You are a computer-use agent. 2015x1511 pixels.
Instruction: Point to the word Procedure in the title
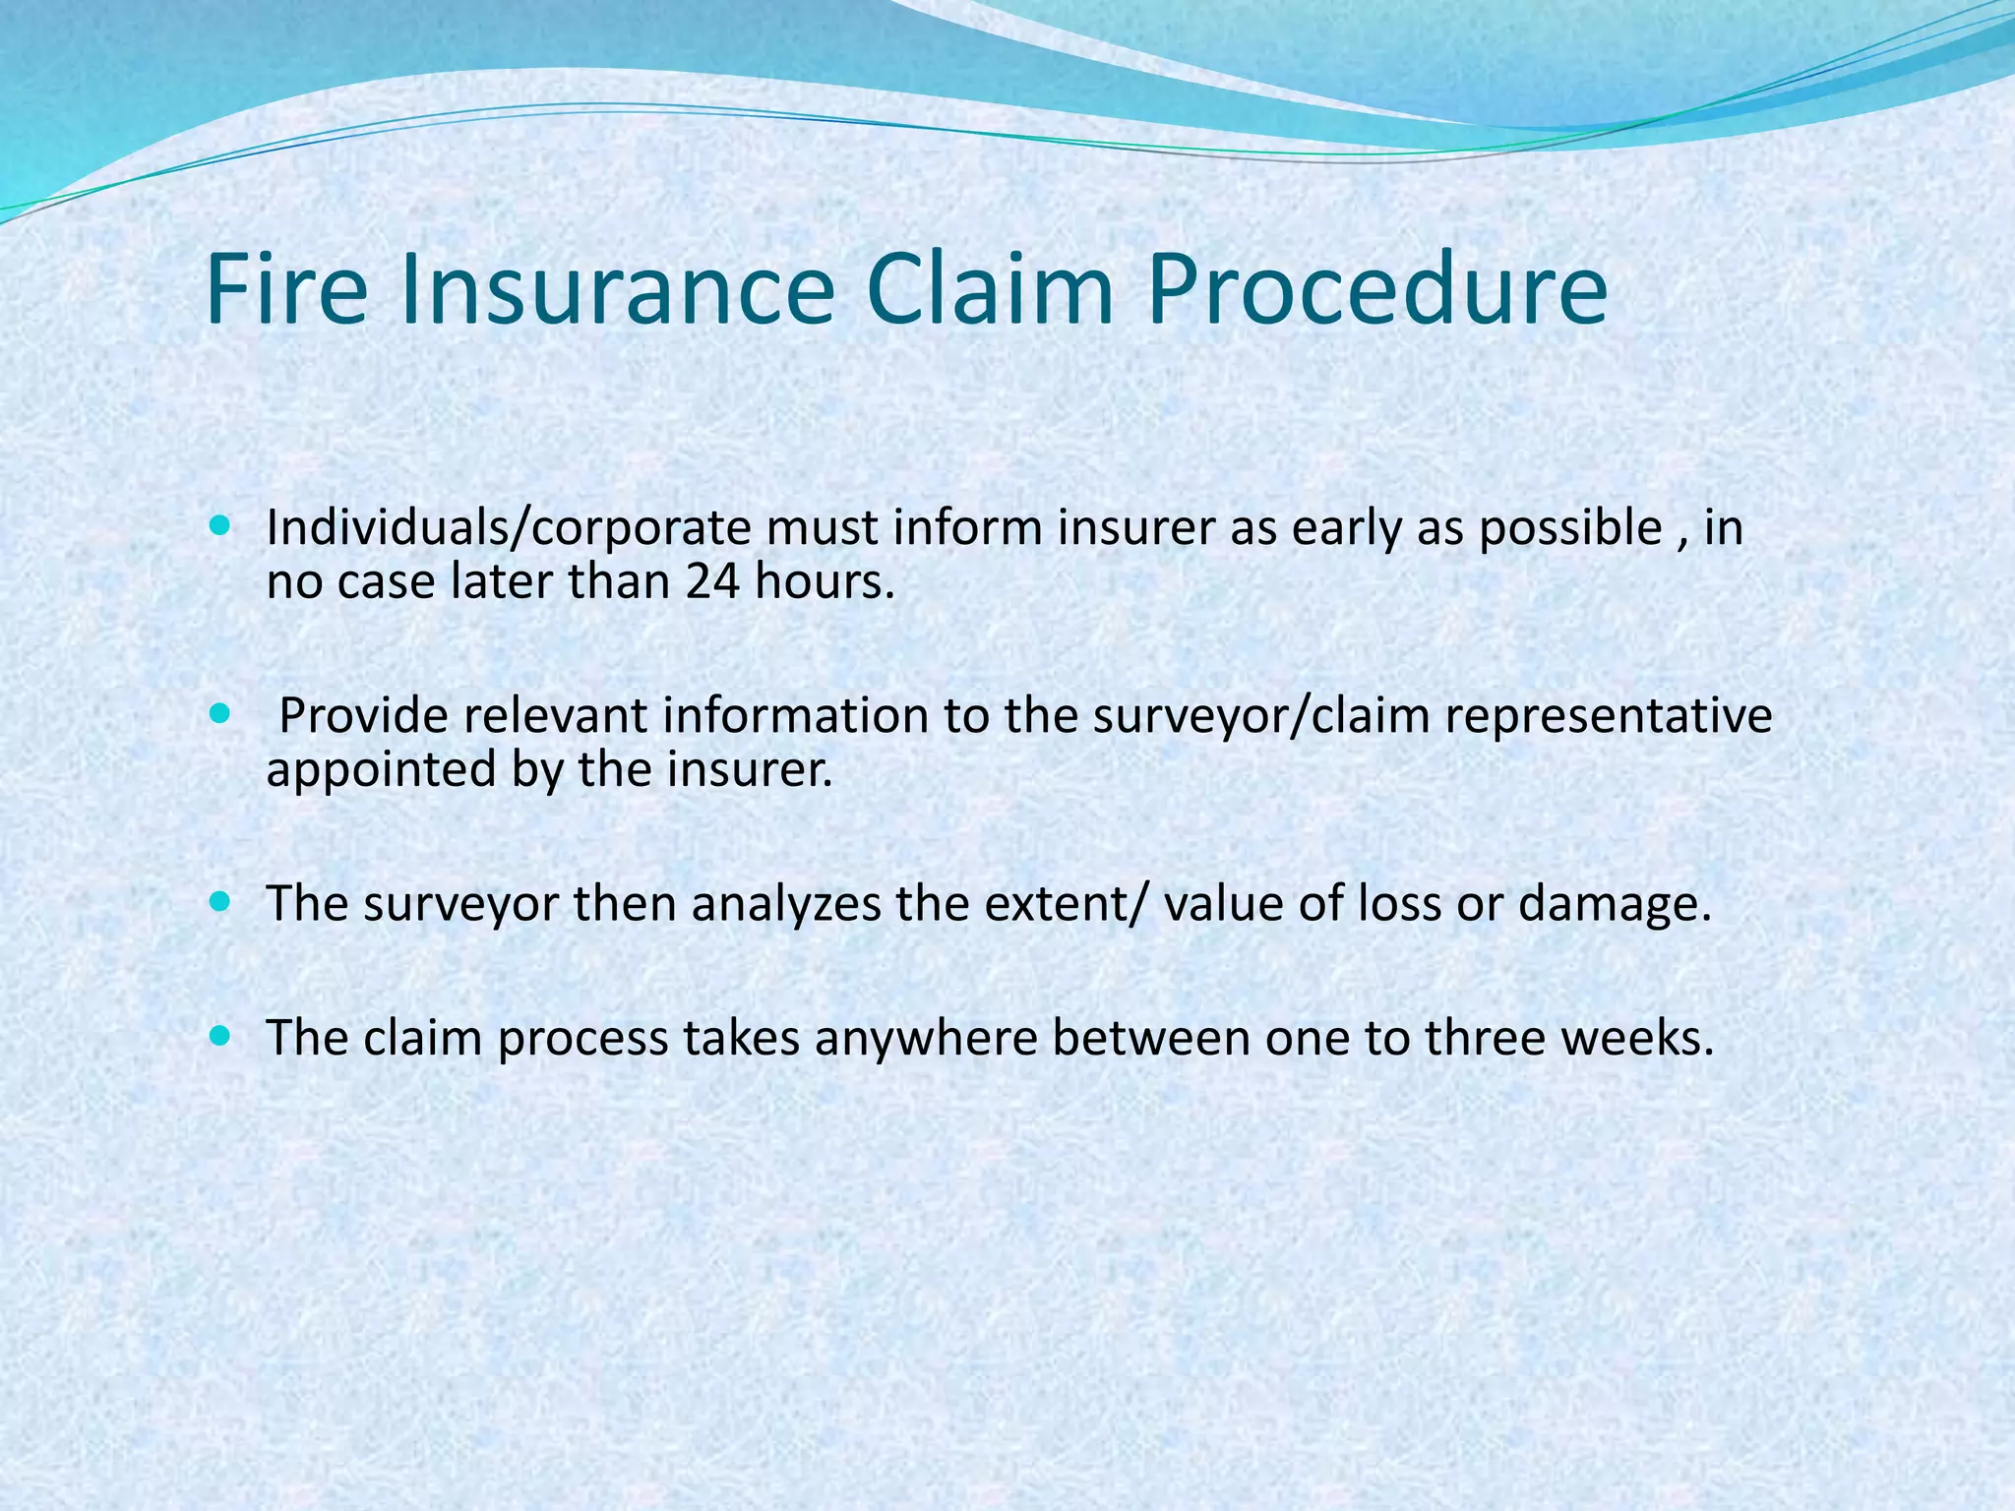1376,292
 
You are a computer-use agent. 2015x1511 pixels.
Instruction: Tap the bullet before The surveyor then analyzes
220,900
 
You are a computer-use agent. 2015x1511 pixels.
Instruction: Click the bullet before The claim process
220,1036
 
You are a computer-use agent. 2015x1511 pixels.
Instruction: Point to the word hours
824,581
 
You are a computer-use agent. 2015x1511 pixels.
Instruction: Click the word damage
1615,904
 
